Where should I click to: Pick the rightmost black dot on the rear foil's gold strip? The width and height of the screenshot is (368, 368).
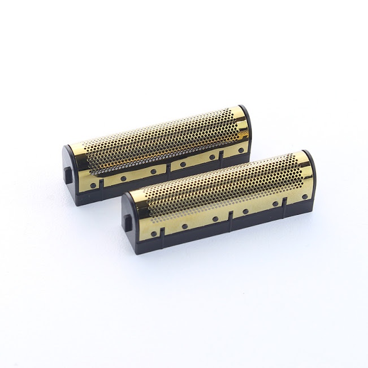coord(241,150)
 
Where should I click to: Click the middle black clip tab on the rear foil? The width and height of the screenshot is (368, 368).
coord(170,168)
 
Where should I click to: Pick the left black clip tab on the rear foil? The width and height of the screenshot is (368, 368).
coord(101,184)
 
